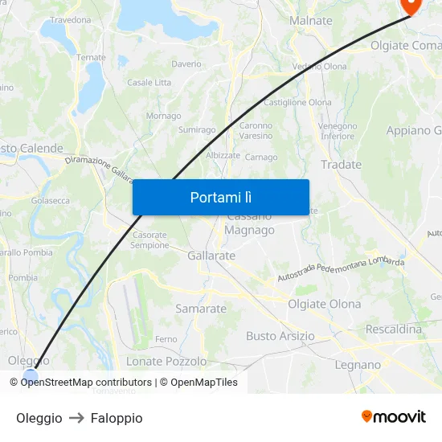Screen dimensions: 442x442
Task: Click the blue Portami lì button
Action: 220,197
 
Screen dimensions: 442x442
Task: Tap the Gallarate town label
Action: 211,256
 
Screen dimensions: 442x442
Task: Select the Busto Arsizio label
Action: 280,336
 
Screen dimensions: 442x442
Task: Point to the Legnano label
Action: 358,365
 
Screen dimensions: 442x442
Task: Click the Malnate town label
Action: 310,20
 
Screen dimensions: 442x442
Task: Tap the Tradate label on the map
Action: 341,164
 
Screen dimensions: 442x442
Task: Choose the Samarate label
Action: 201,308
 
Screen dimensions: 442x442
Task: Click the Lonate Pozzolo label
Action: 166,361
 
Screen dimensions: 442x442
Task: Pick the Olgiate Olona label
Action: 324,304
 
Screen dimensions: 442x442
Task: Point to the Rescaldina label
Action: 393,329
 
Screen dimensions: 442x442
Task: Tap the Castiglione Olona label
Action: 297,103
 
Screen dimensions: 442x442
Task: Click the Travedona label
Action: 71,19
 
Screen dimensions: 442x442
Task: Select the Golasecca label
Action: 50,201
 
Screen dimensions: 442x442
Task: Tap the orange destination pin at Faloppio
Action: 411,5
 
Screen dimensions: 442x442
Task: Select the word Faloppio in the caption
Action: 117,418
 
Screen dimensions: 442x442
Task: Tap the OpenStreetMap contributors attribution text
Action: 86,383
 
